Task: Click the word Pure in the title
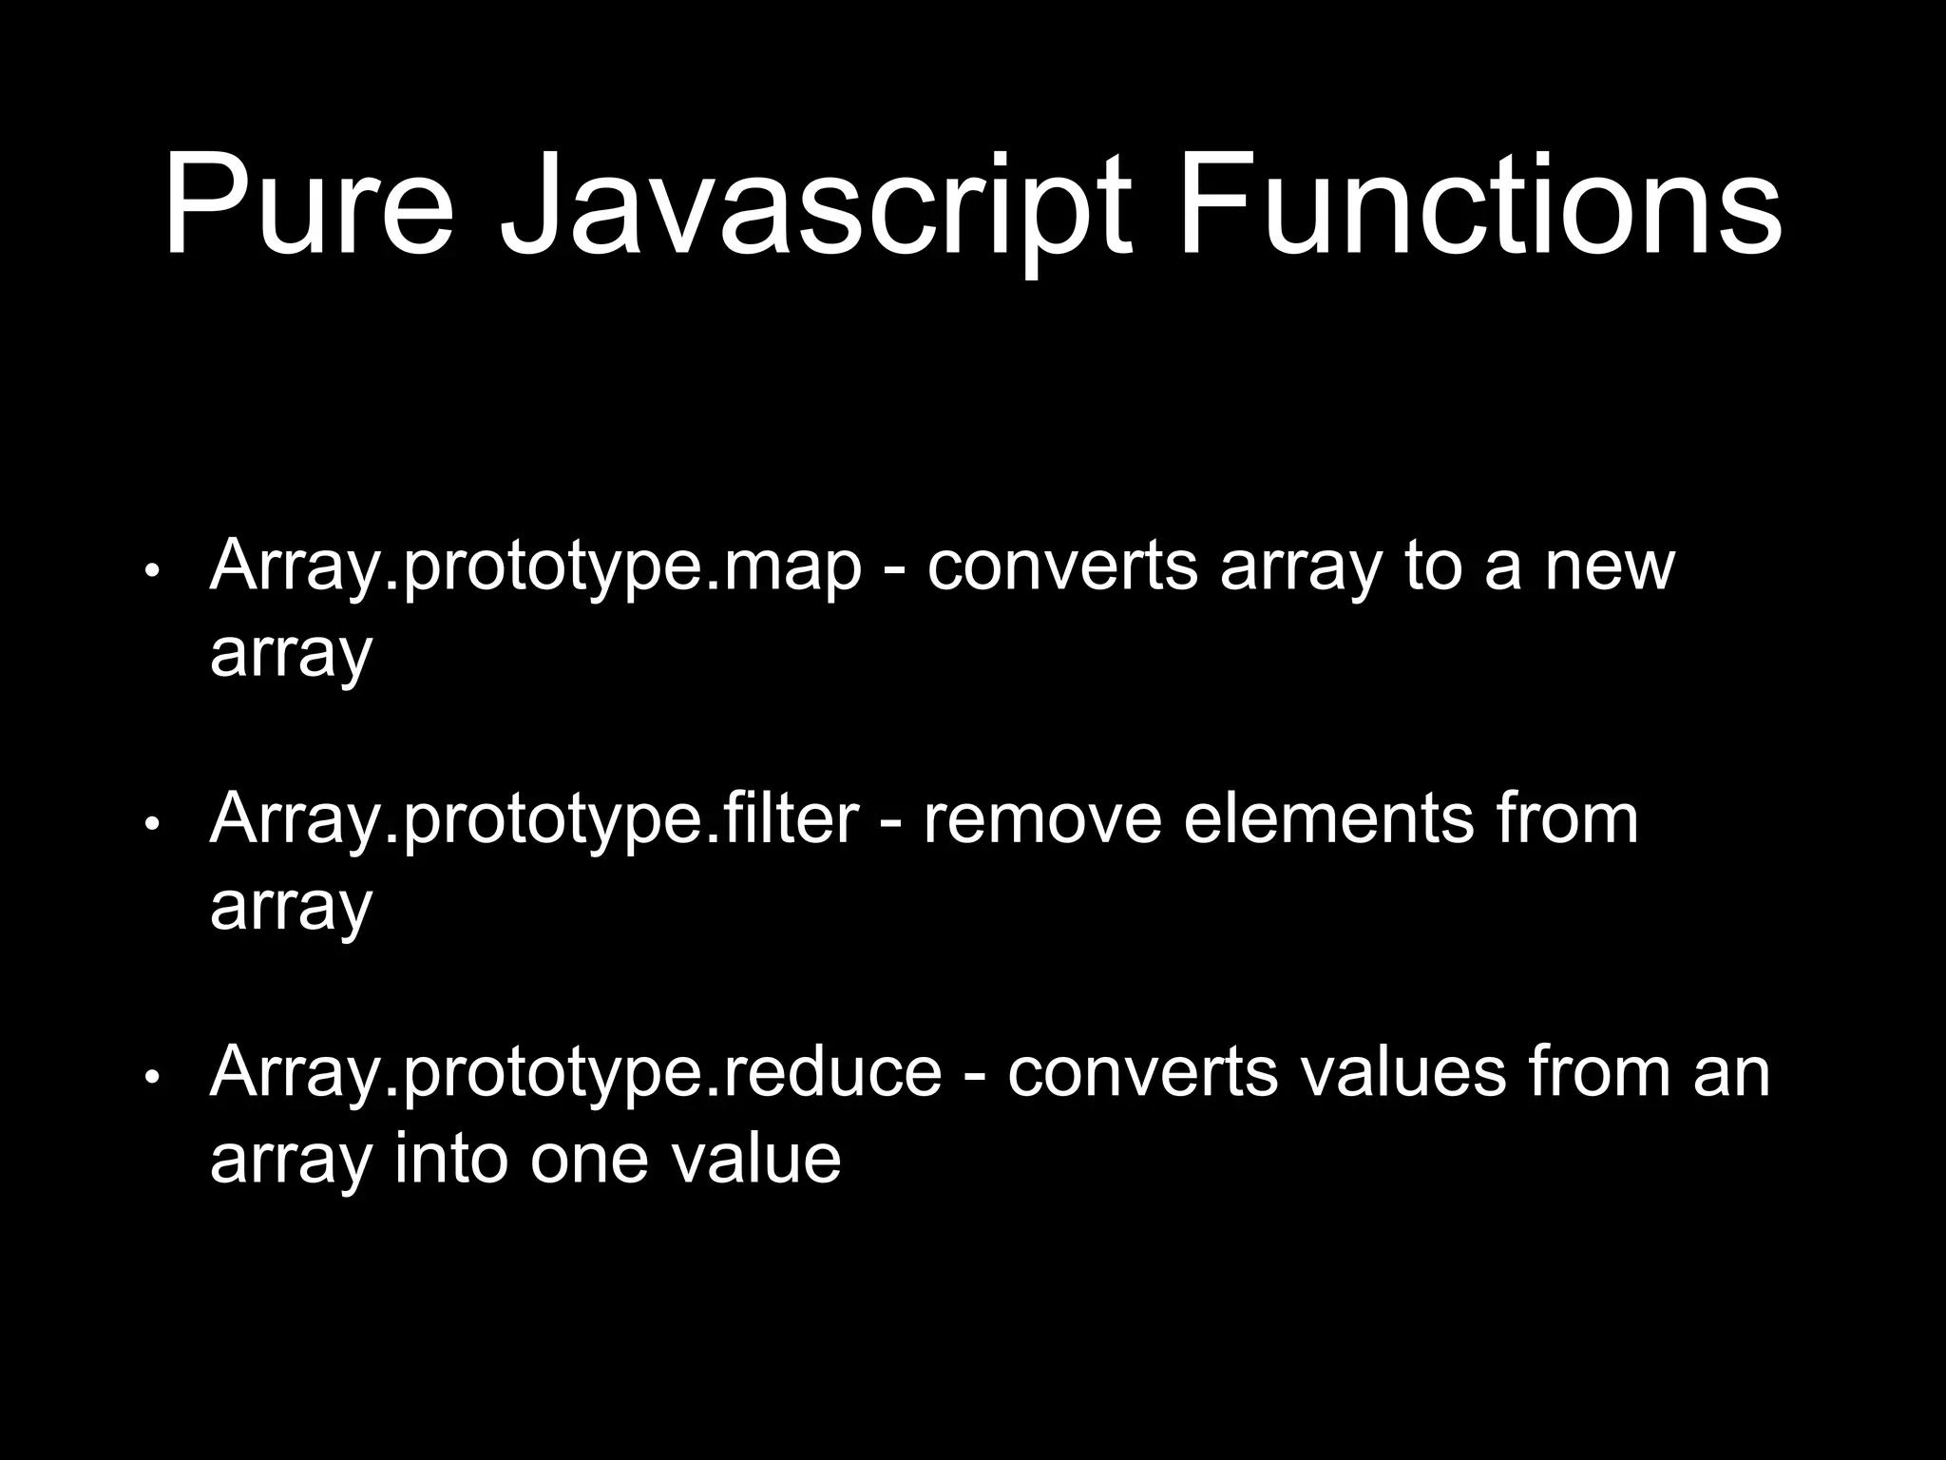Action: [309, 206]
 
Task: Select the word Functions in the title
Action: [1479, 206]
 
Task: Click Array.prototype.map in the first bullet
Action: [535, 567]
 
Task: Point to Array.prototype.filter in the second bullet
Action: [534, 820]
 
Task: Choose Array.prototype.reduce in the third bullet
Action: [575, 1073]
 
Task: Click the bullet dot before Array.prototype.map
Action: [151, 571]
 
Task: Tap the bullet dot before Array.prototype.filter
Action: [151, 824]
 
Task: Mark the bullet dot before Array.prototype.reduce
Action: [151, 1077]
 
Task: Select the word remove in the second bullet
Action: [1042, 820]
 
